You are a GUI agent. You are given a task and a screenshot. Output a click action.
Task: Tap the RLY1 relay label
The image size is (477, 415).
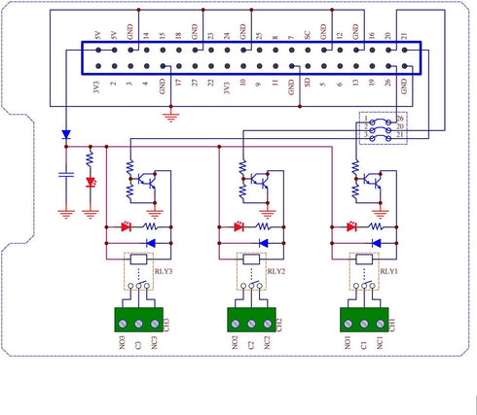click(x=388, y=273)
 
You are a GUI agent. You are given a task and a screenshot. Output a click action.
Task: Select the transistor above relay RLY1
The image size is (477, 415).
click(x=372, y=180)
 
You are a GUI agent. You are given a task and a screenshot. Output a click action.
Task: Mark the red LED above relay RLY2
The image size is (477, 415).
click(x=238, y=226)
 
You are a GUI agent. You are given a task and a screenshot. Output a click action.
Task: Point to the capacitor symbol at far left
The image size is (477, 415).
click(x=65, y=174)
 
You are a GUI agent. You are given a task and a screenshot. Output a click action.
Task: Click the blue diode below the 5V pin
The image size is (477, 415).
click(x=65, y=134)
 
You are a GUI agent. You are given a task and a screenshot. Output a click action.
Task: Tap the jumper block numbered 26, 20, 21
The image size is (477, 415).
click(x=384, y=128)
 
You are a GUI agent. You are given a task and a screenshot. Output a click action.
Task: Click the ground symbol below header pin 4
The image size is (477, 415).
click(x=171, y=116)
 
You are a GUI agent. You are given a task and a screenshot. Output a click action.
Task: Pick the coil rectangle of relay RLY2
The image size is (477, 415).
click(x=251, y=259)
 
